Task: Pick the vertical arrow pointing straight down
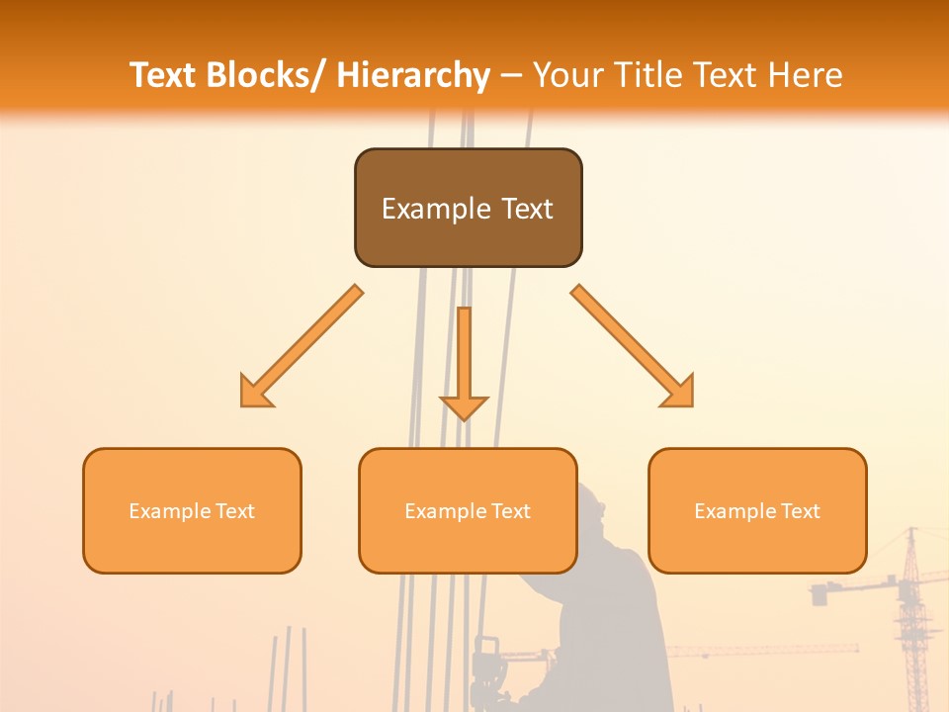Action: (x=464, y=362)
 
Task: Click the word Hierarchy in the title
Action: (x=413, y=75)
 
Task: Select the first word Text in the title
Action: (x=162, y=75)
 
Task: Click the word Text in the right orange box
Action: (x=800, y=511)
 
